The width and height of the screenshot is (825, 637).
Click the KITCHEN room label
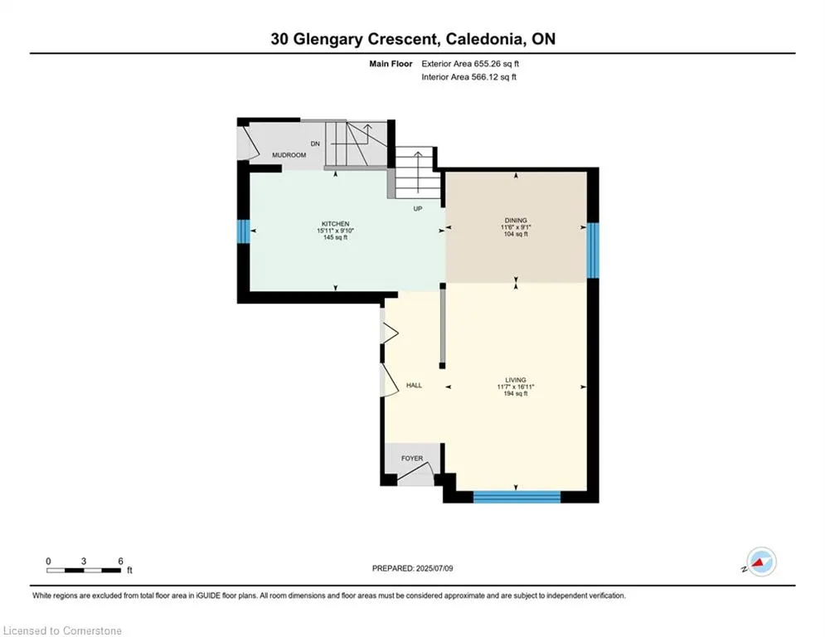[x=335, y=224]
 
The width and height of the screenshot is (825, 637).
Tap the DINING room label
[x=516, y=220]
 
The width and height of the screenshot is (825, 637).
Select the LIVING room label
[x=516, y=380]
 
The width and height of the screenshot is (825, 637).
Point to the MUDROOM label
[x=289, y=155]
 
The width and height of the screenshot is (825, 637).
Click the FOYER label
[x=412, y=458]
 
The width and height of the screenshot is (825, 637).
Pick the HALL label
[x=414, y=386]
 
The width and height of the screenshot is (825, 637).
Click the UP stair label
[x=418, y=208]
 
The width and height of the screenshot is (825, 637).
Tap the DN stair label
[x=315, y=143]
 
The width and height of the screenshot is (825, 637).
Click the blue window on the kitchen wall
[x=243, y=231]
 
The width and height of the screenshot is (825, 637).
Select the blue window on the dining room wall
[x=593, y=250]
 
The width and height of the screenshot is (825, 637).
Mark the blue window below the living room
[x=517, y=497]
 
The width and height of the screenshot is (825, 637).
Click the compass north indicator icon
[x=761, y=562]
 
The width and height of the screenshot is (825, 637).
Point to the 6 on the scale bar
[x=120, y=562]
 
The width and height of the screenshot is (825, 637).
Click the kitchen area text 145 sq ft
[x=335, y=237]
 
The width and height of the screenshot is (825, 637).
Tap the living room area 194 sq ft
[x=516, y=394]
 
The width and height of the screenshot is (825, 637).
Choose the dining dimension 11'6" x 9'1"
[x=516, y=227]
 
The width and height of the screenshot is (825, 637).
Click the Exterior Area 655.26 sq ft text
[x=470, y=64]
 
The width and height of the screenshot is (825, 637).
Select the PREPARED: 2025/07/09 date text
[x=413, y=568]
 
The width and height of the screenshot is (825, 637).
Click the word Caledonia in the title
[x=484, y=39]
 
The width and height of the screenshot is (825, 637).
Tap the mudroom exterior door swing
[x=248, y=143]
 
